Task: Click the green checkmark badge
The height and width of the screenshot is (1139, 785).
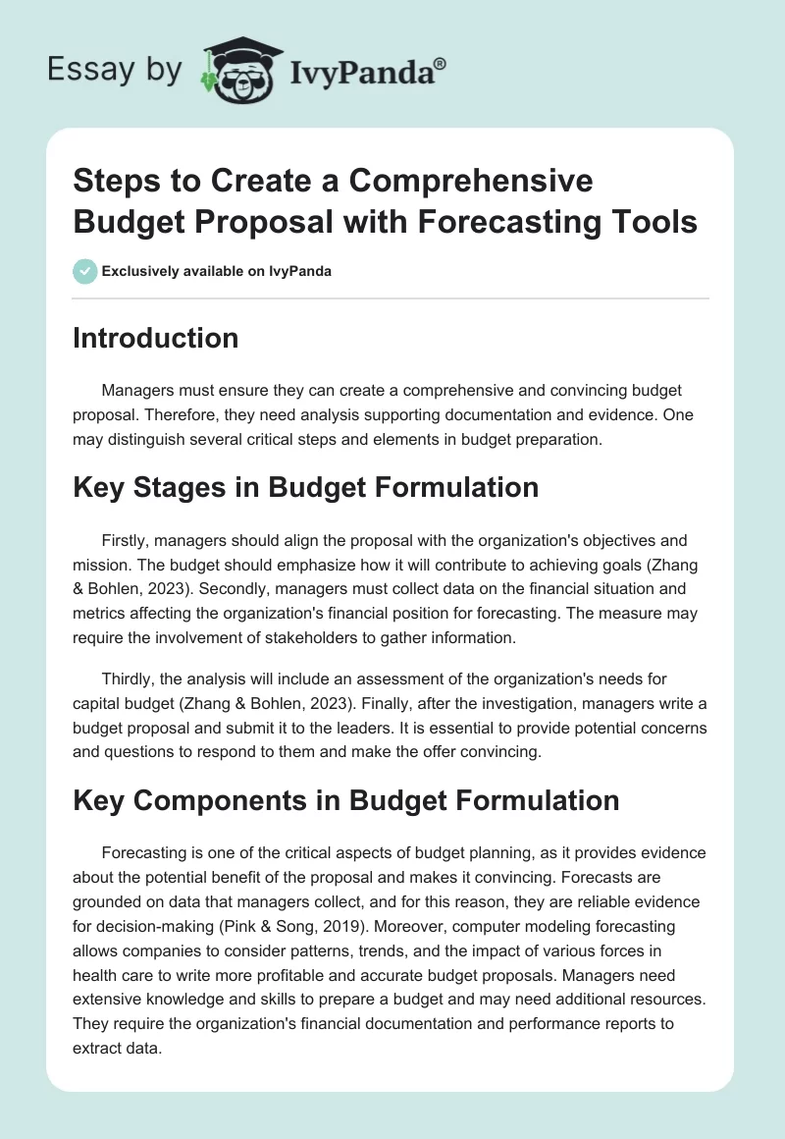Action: click(85, 271)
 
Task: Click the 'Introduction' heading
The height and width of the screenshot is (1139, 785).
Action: click(156, 338)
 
